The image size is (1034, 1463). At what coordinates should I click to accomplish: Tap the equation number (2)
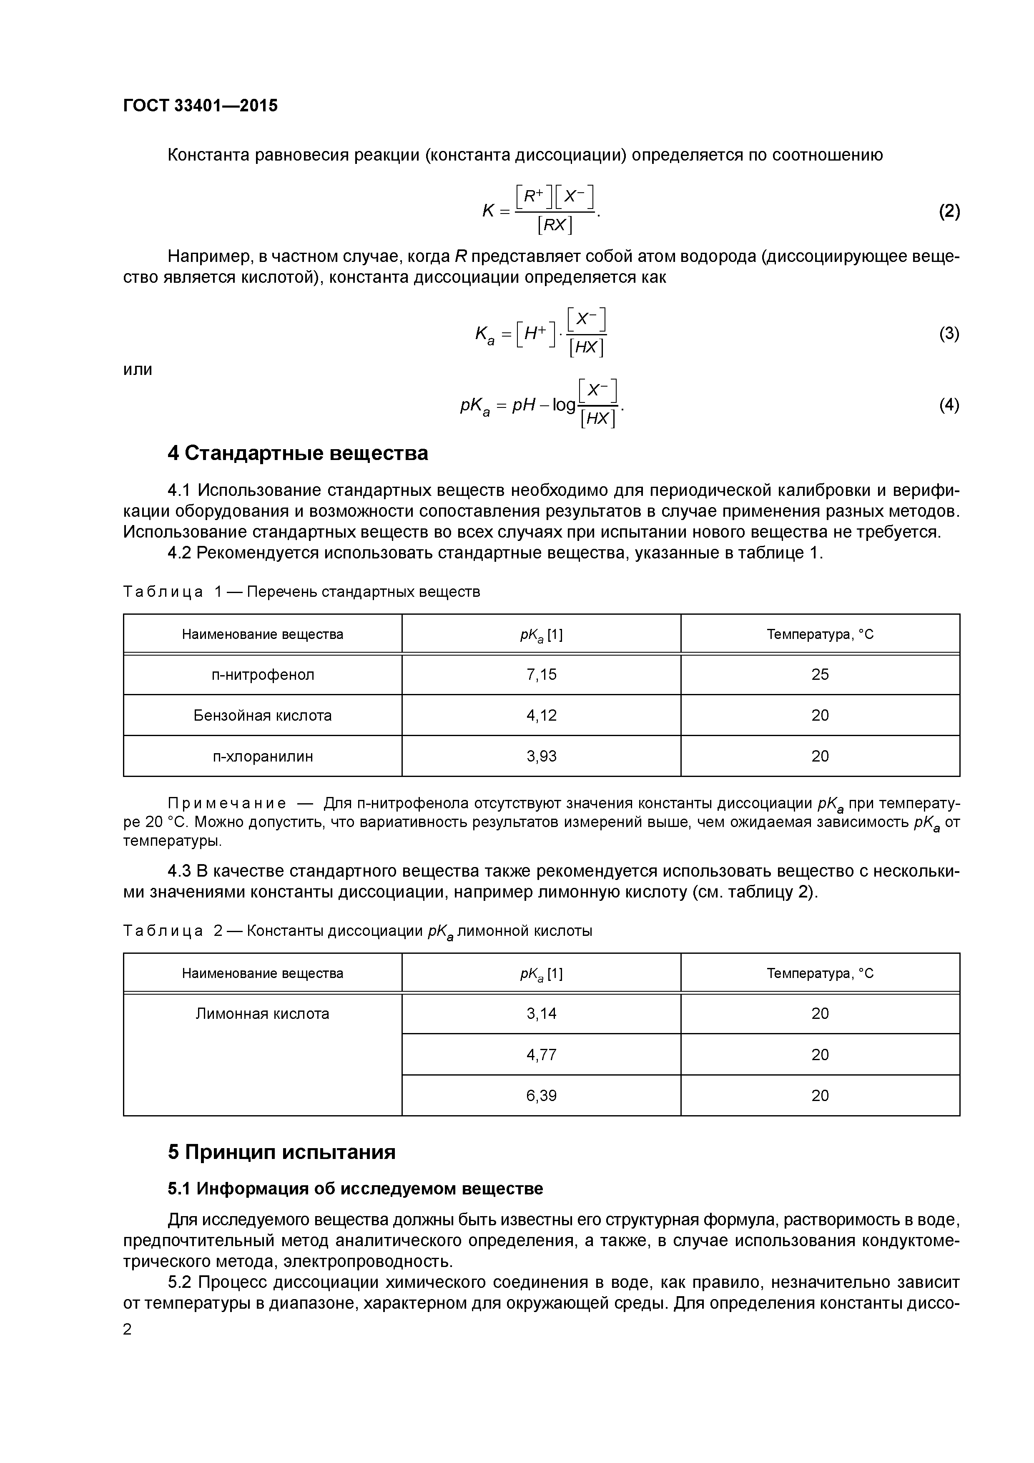click(949, 211)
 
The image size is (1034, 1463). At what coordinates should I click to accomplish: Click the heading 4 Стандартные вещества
click(298, 453)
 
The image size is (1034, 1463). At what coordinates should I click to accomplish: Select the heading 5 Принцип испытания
click(281, 1152)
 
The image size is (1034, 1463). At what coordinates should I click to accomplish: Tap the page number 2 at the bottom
click(128, 1329)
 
